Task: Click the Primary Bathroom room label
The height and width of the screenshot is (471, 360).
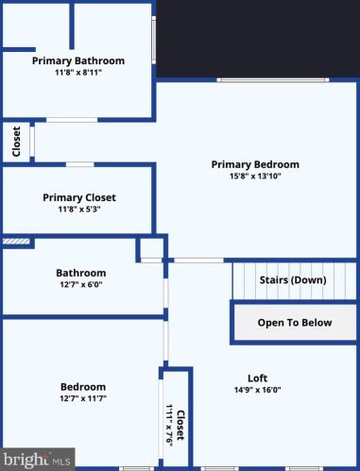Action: (x=78, y=60)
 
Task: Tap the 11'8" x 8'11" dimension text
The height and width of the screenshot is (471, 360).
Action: (x=78, y=73)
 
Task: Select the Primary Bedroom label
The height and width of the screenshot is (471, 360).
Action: (x=255, y=164)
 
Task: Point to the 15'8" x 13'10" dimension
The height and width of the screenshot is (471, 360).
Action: (x=255, y=176)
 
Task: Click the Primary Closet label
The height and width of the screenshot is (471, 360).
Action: (x=79, y=197)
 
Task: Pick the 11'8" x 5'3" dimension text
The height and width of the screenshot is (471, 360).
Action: (x=79, y=209)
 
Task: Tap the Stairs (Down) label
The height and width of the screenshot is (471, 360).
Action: (x=293, y=280)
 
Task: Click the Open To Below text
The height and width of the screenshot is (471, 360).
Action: (x=295, y=323)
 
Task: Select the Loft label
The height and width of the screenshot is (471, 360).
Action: (x=258, y=378)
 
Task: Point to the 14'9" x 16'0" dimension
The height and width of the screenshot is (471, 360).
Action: (x=258, y=390)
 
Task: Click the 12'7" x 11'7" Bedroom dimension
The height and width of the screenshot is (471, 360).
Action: (x=83, y=398)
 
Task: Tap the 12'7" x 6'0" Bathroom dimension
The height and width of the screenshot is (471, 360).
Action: (x=81, y=284)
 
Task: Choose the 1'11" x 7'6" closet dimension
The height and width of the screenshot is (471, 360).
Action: (x=169, y=425)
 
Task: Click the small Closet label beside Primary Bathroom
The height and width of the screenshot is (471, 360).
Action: (x=16, y=142)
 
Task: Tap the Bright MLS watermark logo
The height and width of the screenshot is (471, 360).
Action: (x=37, y=460)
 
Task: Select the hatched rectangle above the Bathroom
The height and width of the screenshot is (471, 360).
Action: (x=16, y=242)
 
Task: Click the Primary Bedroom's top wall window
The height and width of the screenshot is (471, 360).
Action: (x=273, y=80)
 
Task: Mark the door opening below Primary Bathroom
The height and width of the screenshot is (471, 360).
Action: (x=72, y=120)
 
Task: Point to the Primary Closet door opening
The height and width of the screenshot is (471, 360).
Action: (x=80, y=164)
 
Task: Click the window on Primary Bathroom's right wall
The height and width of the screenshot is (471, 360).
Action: (x=154, y=41)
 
